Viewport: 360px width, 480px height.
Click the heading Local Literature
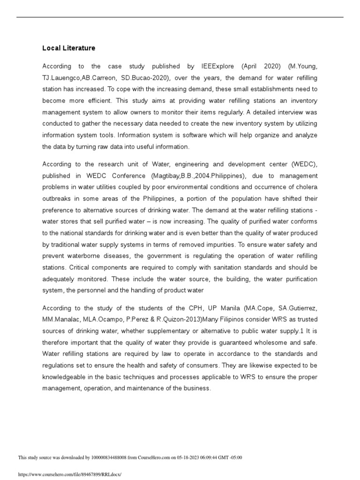tap(68, 48)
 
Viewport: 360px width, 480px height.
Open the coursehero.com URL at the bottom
tap(69, 474)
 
